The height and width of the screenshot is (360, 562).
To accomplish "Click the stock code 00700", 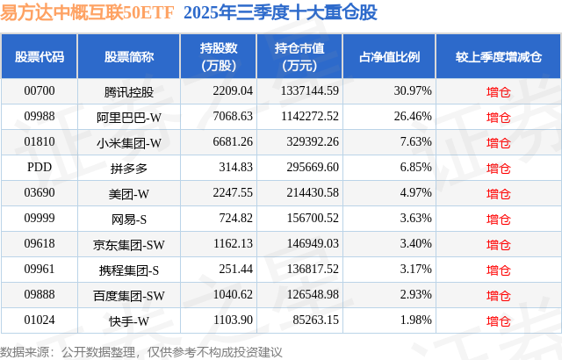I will pos(40,90).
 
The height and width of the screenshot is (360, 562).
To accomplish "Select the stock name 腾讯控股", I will pos(129,90).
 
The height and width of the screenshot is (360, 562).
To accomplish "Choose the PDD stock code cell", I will pos(40,167).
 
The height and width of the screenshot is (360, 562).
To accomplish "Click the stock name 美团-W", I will pos(129,192).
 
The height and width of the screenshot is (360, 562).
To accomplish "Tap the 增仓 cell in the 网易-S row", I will pos(498,219).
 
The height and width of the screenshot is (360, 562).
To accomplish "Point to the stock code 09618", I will pos(40,244).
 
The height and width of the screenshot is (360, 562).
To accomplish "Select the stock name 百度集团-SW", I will pos(129,295).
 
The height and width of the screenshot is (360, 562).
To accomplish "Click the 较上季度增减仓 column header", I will pos(498,56).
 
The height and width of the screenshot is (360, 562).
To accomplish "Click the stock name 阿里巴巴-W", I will pos(129,116).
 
